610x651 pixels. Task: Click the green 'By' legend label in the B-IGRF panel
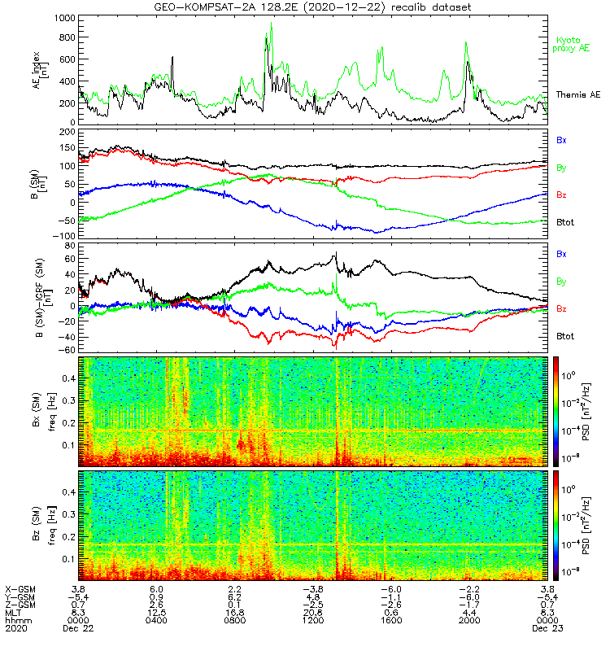(x=562, y=282)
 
